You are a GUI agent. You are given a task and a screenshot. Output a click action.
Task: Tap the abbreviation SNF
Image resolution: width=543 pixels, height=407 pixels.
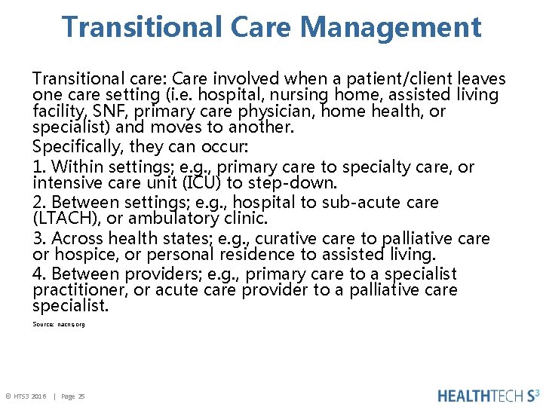[109, 112]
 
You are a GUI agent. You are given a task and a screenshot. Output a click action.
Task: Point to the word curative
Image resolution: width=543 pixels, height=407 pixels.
[286, 239]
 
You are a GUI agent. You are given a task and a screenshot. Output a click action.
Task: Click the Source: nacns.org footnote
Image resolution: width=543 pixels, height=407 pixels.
[59, 324]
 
